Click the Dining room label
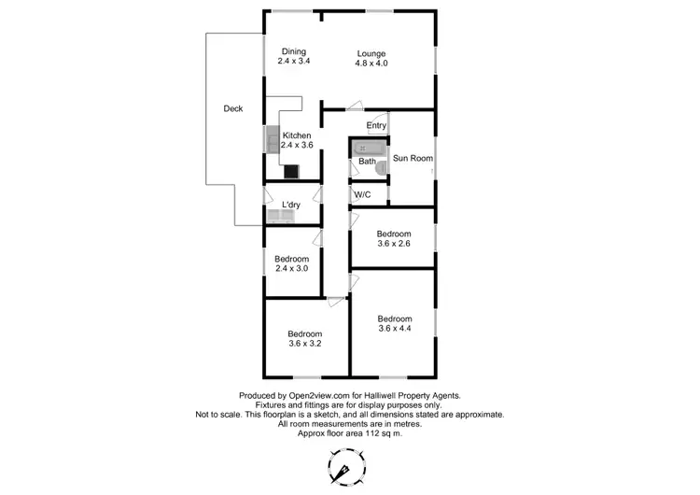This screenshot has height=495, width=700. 293,51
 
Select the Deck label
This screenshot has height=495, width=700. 233,109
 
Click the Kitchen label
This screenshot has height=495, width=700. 297,135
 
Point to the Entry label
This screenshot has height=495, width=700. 376,125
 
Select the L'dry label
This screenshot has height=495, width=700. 290,205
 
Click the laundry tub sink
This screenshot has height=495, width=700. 280,218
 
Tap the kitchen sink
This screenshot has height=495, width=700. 273,140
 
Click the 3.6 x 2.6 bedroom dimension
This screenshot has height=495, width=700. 394,244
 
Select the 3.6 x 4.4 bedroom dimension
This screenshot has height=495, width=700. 394,329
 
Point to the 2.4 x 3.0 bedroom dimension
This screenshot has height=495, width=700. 292,268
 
